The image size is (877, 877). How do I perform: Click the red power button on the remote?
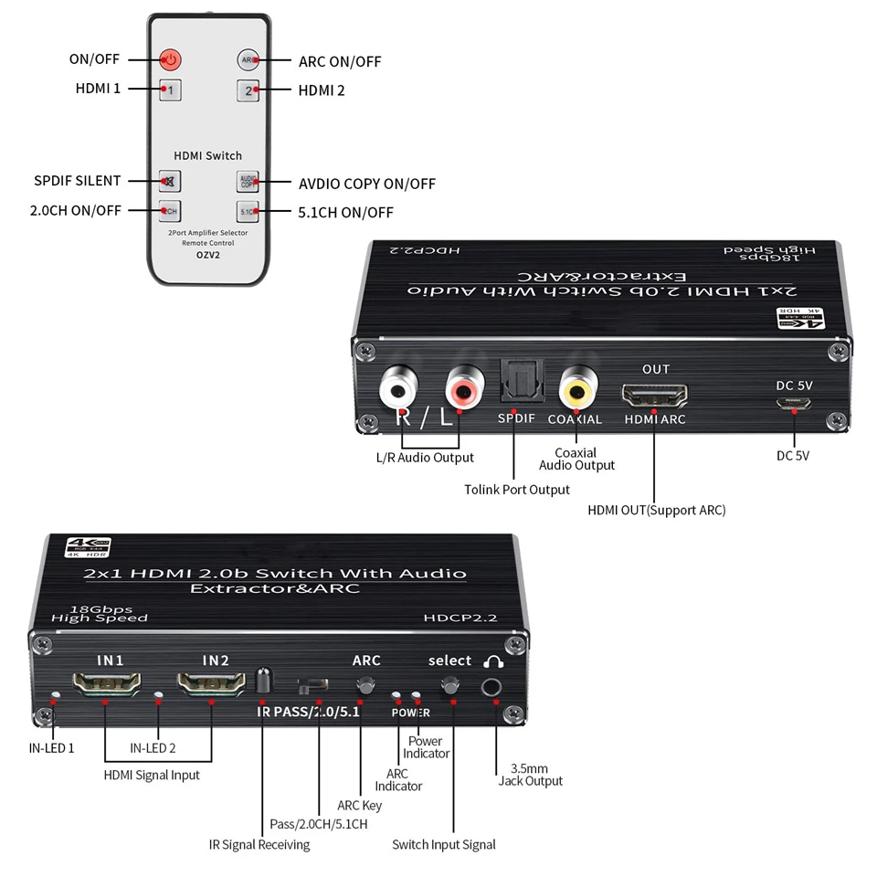(170, 60)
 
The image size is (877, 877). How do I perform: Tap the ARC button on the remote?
(248, 60)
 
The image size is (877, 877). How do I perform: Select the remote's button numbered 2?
(248, 90)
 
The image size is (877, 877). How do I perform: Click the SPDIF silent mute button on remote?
(170, 181)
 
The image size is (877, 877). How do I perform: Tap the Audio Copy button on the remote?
(248, 181)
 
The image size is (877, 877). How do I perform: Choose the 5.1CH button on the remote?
(248, 211)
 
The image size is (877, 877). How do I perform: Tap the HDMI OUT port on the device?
(655, 396)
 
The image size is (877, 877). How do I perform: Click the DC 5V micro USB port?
(794, 401)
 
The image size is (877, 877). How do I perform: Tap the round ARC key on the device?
(366, 685)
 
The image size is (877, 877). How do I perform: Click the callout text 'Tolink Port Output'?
(517, 490)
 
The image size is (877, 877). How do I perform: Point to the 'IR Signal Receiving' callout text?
(259, 844)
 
